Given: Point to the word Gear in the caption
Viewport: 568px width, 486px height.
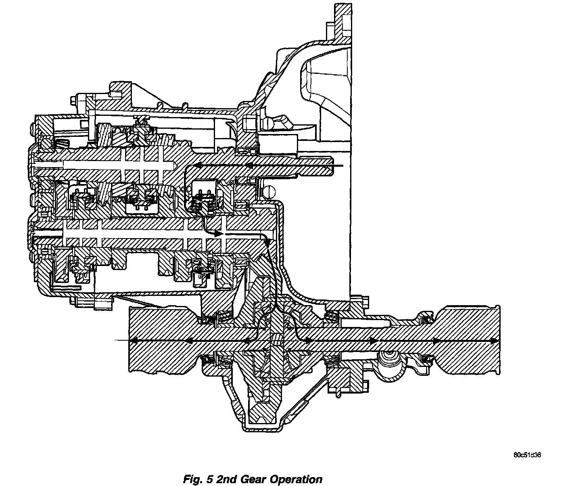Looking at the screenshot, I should pos(254,479).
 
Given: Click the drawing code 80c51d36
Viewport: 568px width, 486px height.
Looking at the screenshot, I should pos(527,455).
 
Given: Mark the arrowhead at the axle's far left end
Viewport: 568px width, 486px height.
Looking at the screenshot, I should pos(133,341).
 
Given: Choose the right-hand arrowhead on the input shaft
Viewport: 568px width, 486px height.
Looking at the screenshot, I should pos(249,165).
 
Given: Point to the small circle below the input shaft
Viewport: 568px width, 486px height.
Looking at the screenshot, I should pos(269,191).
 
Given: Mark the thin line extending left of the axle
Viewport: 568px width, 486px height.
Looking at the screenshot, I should pos(121,341).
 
